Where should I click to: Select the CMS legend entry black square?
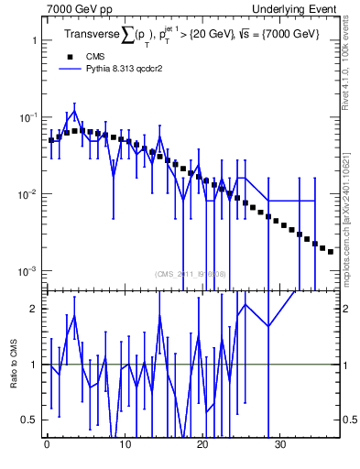pyautogui.click(x=71, y=56)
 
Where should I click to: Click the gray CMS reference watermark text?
pyautogui.click(x=191, y=274)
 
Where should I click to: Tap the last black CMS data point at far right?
pyautogui.click(x=331, y=251)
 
